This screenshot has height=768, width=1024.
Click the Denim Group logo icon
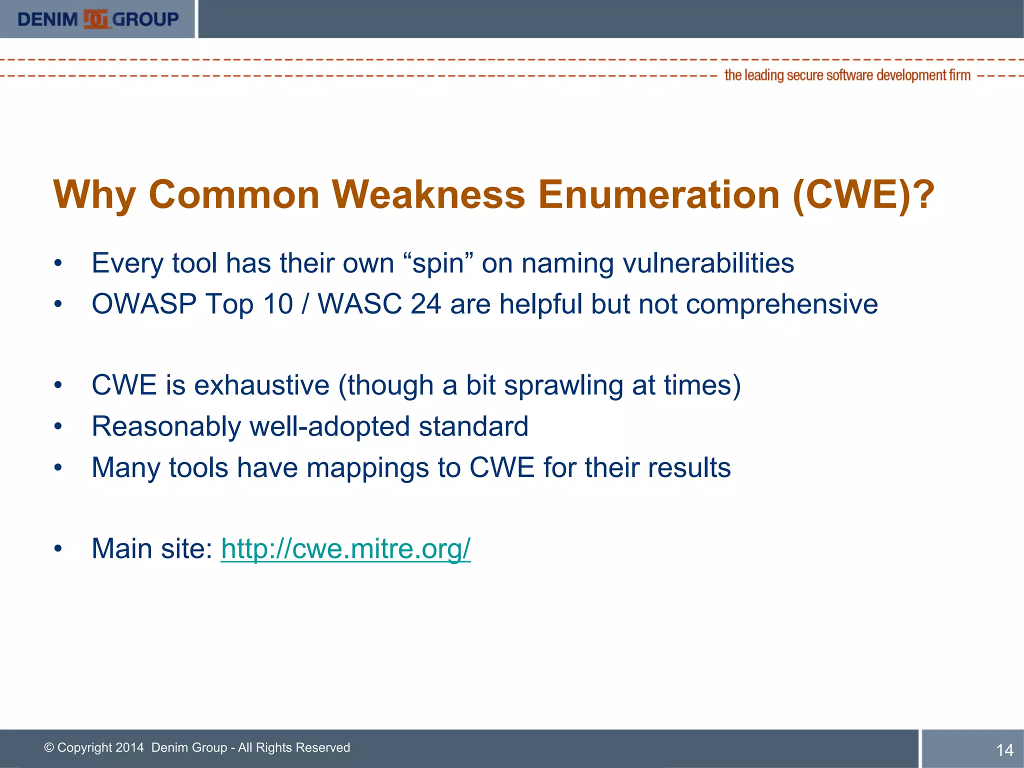coord(95,19)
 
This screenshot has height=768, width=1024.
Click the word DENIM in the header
coord(47,19)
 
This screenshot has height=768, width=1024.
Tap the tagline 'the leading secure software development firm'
coord(847,75)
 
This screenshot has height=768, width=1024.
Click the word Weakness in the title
coord(428,194)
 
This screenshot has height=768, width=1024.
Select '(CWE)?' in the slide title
coord(863,194)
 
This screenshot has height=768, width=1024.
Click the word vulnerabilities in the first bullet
coord(708,263)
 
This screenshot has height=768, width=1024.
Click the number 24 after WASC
coord(425,304)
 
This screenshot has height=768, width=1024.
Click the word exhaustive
coord(261,385)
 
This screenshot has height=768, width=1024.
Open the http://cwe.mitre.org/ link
coord(345,549)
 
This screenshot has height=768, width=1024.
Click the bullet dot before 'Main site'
coord(58,549)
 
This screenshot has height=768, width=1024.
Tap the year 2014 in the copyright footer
coord(129,747)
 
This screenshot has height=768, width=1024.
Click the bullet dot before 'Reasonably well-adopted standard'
coord(58,426)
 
